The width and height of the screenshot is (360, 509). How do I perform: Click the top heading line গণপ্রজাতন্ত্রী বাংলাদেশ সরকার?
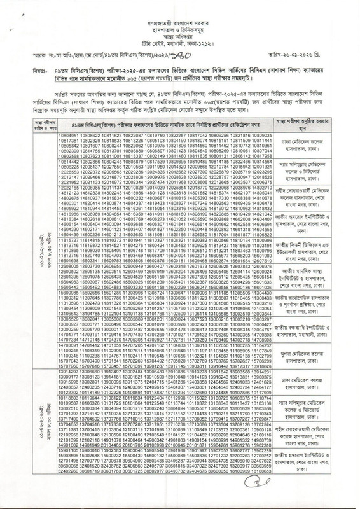pos(181,12)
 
